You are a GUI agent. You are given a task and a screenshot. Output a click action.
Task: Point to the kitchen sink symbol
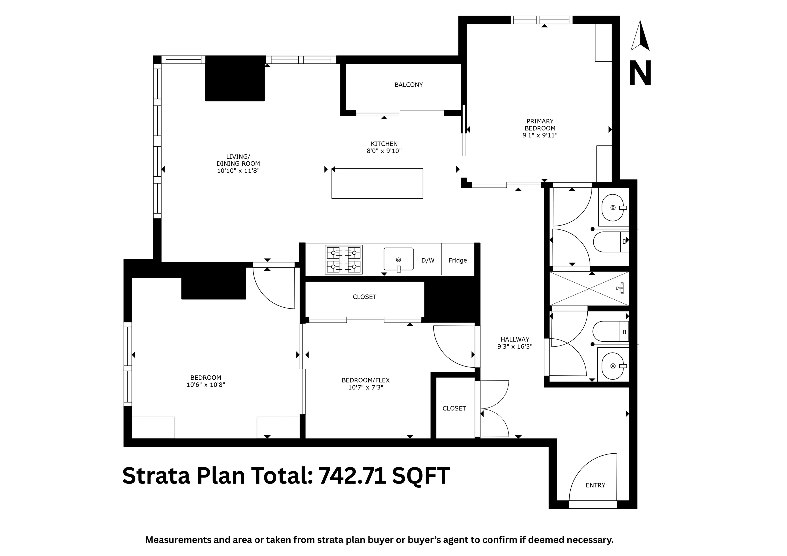398,259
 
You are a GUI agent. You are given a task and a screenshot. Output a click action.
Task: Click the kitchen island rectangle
377,183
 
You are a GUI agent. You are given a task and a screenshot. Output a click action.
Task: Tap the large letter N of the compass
640,74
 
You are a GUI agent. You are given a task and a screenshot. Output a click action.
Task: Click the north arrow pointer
640,36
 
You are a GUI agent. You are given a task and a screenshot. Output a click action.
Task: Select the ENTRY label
595,485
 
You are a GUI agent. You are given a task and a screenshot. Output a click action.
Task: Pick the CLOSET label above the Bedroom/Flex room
364,297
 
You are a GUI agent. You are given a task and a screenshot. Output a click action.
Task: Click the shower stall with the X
589,289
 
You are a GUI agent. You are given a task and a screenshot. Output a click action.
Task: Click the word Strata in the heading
156,476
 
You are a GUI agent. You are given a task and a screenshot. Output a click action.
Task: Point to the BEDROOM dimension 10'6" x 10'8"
206,385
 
